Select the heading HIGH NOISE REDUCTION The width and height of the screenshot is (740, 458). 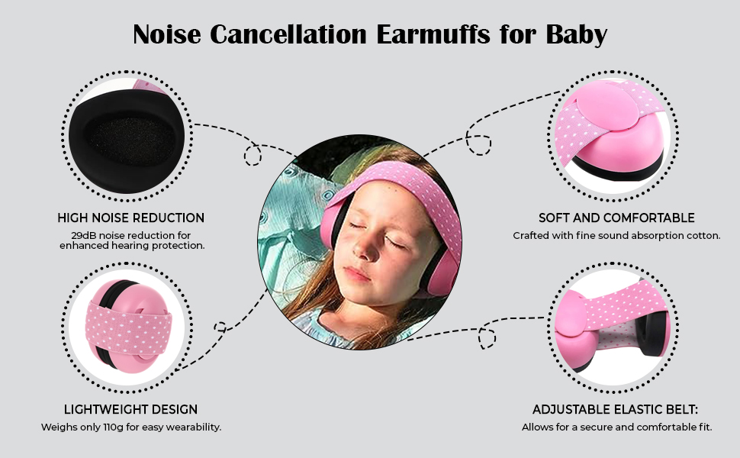[131, 218]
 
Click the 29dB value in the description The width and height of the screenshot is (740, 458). [81, 235]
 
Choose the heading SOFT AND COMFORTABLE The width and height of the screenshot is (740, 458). [616, 218]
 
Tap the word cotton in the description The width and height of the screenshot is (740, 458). [701, 236]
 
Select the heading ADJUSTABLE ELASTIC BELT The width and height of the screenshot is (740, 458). [615, 409]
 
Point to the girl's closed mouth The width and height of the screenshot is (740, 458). [358, 272]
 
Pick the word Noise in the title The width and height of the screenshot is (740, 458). [166, 34]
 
